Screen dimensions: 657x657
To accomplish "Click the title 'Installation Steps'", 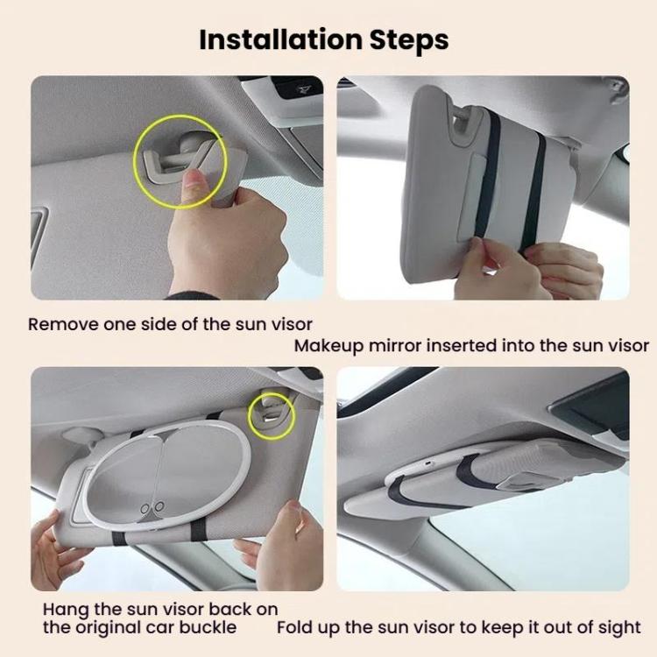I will click(x=323, y=39).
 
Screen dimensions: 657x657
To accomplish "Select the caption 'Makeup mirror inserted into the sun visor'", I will click(x=471, y=345).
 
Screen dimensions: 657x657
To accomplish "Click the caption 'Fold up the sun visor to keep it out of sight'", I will click(x=458, y=627).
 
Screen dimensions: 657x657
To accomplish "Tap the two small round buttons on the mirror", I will click(x=152, y=507).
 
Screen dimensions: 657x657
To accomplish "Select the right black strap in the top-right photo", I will click(x=533, y=188).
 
